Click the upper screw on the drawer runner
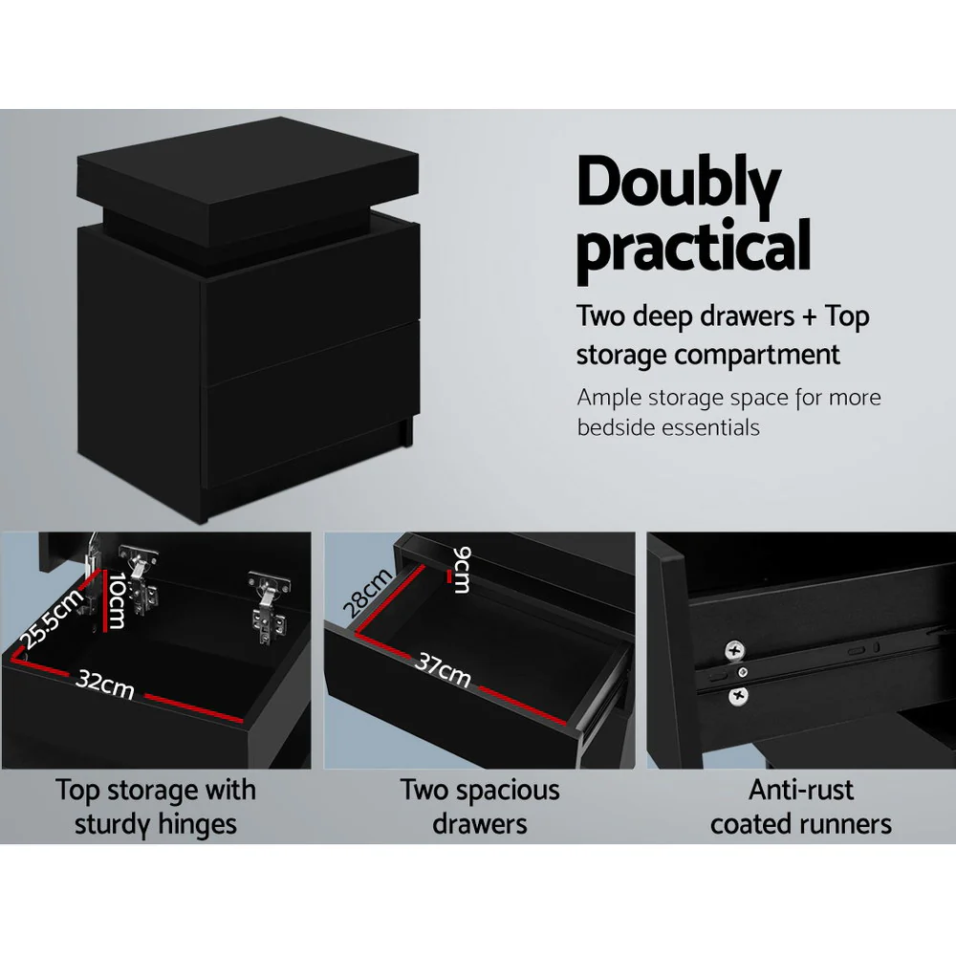pyautogui.click(x=734, y=651)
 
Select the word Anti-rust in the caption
pyautogui.click(x=801, y=791)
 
